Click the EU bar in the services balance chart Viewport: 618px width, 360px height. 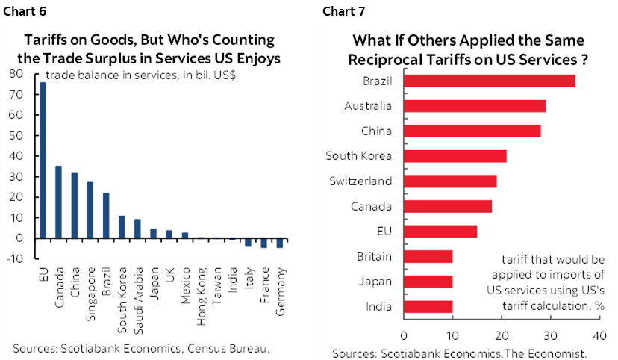pos(43,160)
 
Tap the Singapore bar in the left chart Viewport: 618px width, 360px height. pos(90,210)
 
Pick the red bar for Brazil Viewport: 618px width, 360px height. pos(490,80)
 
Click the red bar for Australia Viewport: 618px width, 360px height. pos(475,105)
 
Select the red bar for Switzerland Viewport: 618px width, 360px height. pos(450,181)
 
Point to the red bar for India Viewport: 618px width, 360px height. pos(428,307)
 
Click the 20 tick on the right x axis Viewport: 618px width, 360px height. pos(502,335)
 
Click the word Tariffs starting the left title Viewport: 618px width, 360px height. pos(47,40)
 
